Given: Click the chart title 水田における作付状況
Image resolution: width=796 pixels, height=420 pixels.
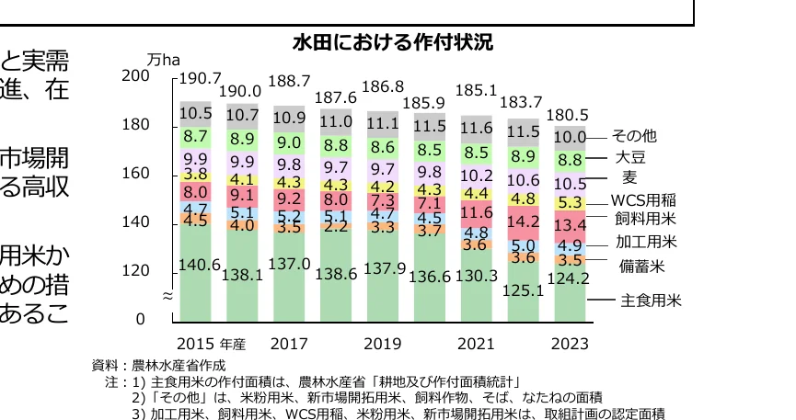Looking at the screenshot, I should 392,42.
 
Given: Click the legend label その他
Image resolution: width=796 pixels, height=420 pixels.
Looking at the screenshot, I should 634,136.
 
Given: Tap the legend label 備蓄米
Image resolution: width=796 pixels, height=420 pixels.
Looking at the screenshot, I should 640,266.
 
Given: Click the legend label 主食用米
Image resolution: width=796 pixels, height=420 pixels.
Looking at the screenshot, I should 651,300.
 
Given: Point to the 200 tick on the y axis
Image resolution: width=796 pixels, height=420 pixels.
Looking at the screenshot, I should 135,76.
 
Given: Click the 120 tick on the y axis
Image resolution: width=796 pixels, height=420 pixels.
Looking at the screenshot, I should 135,271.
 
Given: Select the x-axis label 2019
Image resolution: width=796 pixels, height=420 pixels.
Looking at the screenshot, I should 382,345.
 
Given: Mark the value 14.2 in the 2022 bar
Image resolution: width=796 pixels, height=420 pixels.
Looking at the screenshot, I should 524,221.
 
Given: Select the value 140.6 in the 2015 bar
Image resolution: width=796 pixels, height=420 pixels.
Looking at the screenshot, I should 198,265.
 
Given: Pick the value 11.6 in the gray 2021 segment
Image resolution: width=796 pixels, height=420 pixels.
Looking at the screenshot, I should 476,128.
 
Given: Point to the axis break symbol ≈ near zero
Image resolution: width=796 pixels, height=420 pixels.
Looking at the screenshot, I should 167,296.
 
